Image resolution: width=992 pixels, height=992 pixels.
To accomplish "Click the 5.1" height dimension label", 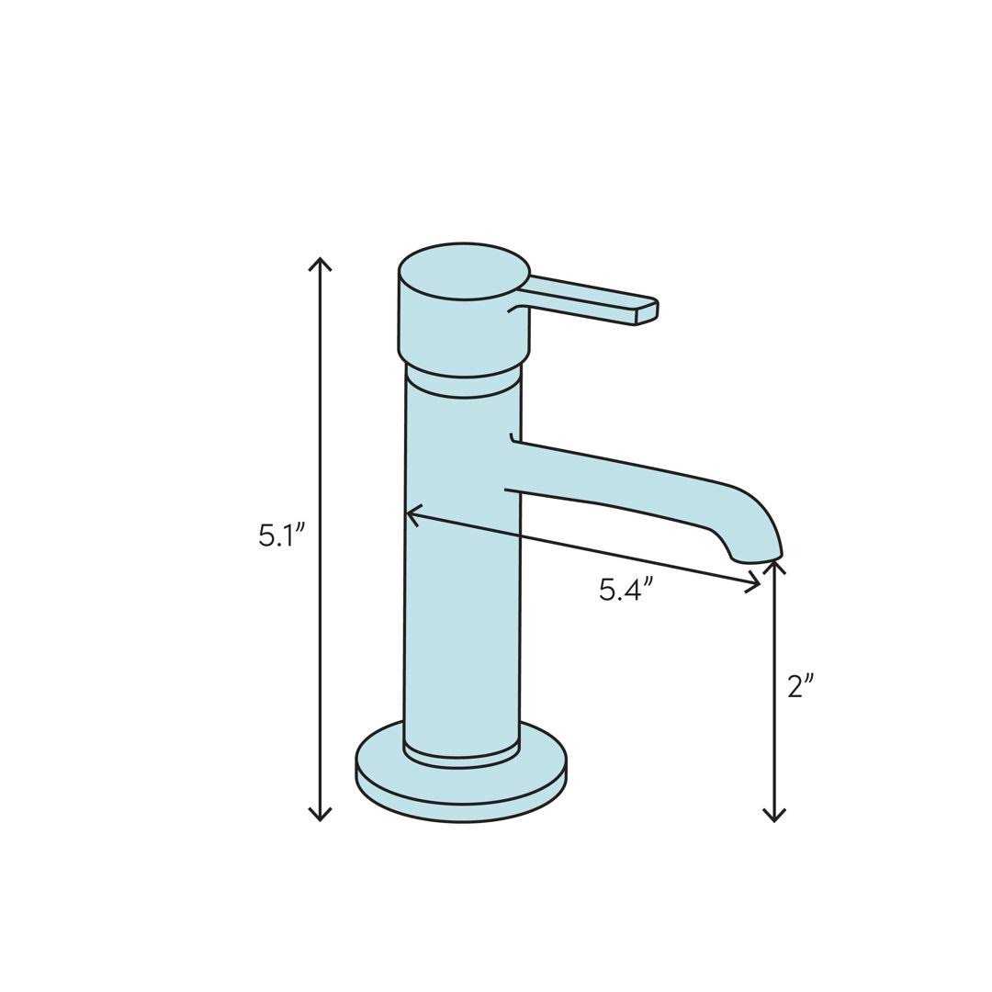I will point(275,535).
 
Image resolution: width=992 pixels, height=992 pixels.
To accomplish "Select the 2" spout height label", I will point(801,685).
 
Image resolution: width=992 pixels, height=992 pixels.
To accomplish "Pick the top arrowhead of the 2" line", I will point(774,564).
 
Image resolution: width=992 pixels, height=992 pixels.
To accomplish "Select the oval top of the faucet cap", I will point(464,271).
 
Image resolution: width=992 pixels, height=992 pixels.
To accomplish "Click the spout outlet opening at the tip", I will point(757,558).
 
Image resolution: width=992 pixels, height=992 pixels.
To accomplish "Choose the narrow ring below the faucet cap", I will point(464,384).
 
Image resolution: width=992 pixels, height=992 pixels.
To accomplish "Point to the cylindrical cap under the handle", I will point(464,331).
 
